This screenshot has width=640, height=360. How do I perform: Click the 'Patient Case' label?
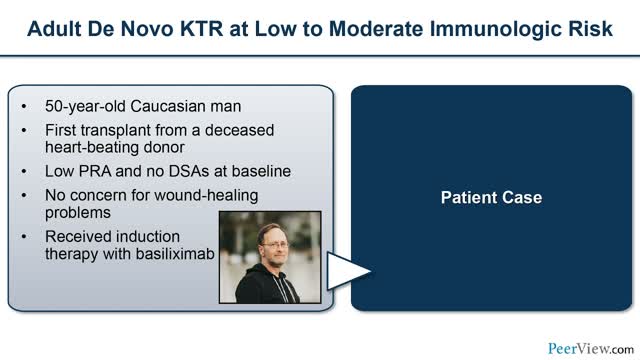pyautogui.click(x=491, y=198)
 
